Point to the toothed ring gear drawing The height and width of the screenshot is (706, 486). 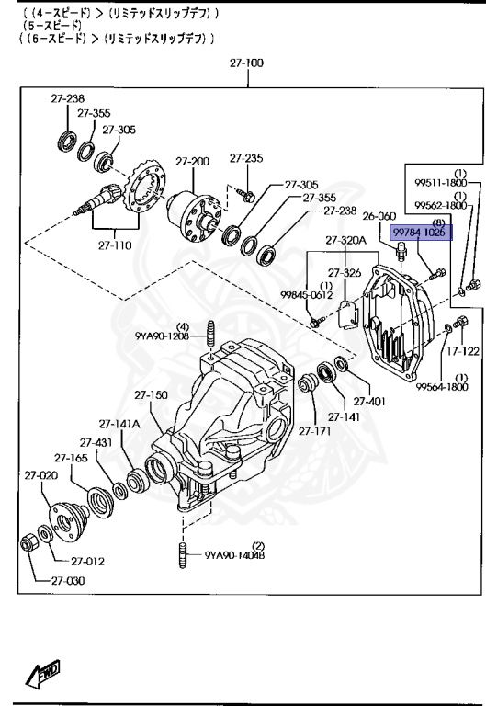coord(144,190)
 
